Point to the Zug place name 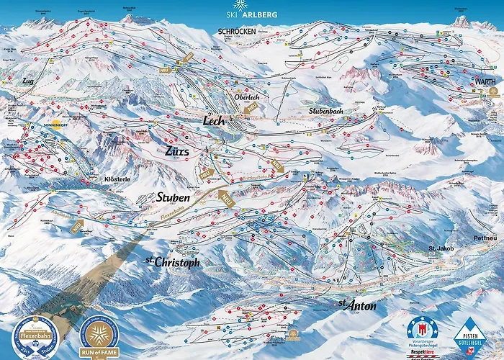[x=28, y=81]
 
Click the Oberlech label [x=241, y=97]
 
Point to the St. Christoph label [x=172, y=263]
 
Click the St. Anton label [x=357, y=306]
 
